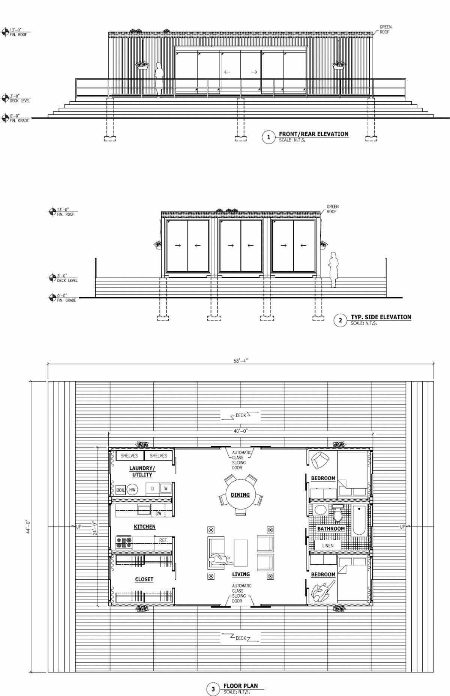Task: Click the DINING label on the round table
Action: coord(240,495)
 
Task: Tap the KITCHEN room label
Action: coord(144,527)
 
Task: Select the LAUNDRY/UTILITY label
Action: coord(142,471)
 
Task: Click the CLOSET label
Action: coord(144,579)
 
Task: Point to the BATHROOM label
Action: coord(331,529)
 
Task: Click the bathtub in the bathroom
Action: coord(359,520)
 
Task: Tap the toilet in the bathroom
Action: coord(338,514)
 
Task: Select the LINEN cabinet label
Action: coord(328,546)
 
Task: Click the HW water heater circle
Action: coord(132,490)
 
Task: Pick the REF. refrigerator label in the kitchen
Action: coord(163,540)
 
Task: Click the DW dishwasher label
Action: coord(158,514)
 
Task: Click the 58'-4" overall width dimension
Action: coord(240,361)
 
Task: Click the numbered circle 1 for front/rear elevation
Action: coord(268,137)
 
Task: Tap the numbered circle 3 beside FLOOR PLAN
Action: coord(213,689)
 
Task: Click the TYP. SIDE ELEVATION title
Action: coord(381,317)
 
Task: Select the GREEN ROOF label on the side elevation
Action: coord(332,209)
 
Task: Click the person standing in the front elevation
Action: coord(159,80)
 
